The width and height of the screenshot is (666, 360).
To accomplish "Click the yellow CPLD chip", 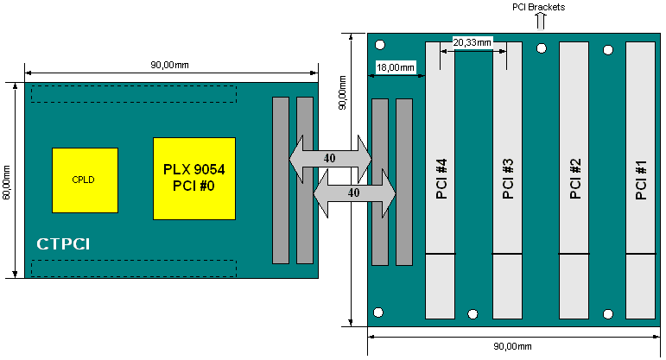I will pos(84,180).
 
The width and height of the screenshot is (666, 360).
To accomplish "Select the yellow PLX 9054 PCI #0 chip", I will pos(194,178).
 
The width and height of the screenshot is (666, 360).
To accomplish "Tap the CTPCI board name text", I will pos(64,245).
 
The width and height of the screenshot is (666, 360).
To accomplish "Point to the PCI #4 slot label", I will pos(441,180).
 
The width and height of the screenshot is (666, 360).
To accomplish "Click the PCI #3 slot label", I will pos(508,180).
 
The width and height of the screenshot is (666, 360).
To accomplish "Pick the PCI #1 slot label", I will pos(640,180).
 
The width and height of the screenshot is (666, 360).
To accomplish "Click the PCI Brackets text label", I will pos(539,7).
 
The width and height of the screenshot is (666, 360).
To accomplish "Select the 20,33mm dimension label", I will pos(473,41).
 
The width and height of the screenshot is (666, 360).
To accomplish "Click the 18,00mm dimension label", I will pos(396,66).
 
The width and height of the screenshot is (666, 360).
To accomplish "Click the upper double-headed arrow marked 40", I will pos(330,158).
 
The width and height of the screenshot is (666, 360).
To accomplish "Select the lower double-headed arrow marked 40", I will pos(353,193).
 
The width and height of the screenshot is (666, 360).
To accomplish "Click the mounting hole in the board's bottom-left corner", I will pos(379,311).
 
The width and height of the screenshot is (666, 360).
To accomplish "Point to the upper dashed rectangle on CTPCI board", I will pos(133,93).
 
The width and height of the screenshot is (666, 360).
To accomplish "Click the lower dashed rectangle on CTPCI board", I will pos(133,268).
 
